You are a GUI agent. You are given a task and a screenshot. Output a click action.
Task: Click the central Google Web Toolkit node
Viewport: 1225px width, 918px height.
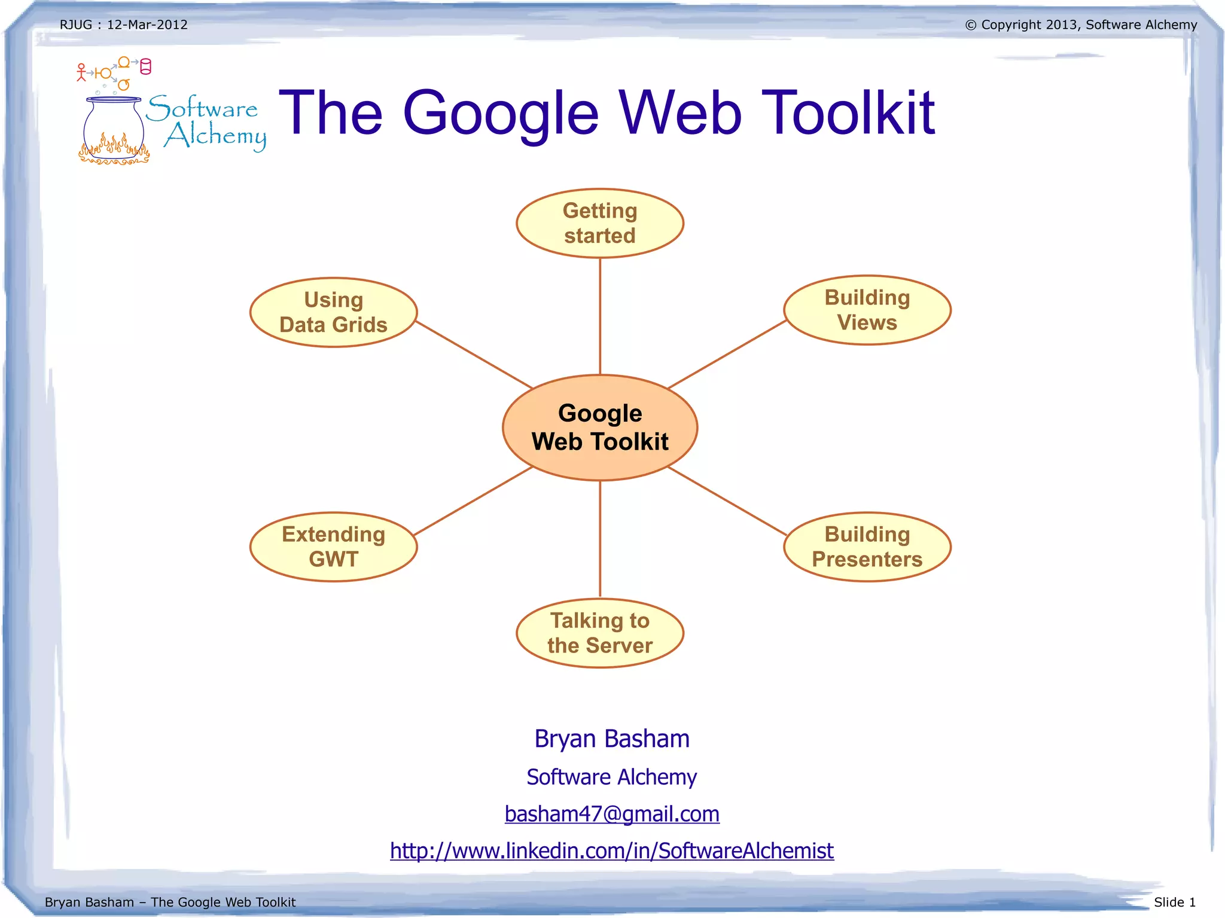pyautogui.click(x=600, y=427)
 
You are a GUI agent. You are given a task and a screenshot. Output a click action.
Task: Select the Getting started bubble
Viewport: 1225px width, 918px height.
pyautogui.click(x=600, y=223)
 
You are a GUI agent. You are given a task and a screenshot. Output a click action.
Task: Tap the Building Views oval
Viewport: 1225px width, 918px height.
pyautogui.click(x=867, y=310)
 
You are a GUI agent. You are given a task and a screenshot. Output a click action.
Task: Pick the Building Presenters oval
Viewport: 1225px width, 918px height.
pyautogui.click(x=867, y=547)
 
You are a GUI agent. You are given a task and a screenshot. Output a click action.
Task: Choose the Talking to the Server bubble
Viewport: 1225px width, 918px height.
pyautogui.click(x=600, y=633)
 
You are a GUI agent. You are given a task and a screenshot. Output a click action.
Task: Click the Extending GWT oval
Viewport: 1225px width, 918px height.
pyautogui.click(x=333, y=547)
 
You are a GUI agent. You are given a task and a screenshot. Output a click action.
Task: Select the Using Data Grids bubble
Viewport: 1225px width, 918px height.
pyautogui.click(x=333, y=312)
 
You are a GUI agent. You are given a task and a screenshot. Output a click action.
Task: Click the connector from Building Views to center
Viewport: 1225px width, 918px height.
pyautogui.click(x=727, y=355)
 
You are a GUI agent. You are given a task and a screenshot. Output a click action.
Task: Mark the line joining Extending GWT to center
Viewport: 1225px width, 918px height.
pyautogui.click(x=473, y=501)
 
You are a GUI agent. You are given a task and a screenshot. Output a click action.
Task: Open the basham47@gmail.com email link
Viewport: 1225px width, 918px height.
pyautogui.click(x=612, y=814)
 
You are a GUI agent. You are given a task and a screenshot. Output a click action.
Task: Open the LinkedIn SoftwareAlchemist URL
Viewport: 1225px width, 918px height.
pyautogui.click(x=611, y=850)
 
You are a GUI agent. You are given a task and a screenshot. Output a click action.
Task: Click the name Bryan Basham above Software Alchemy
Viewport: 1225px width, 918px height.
pyautogui.click(x=612, y=739)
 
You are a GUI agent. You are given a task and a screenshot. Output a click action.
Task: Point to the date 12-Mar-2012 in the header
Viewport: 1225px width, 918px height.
pyautogui.click(x=147, y=25)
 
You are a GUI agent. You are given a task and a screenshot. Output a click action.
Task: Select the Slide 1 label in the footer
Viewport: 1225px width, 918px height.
pyautogui.click(x=1174, y=902)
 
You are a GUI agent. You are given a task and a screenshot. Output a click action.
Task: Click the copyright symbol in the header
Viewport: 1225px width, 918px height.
pyautogui.click(x=970, y=25)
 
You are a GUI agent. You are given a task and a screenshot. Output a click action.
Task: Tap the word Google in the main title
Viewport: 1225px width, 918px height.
pyautogui.click(x=501, y=114)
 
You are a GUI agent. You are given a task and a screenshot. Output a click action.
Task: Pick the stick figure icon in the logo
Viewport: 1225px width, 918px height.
pyautogui.click(x=81, y=72)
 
